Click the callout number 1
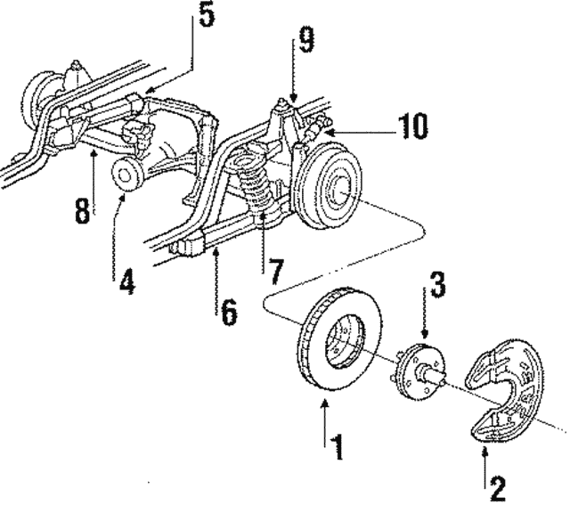click(x=337, y=445)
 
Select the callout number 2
click(x=498, y=487)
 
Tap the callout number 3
click(x=436, y=288)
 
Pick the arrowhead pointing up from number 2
click(x=485, y=452)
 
